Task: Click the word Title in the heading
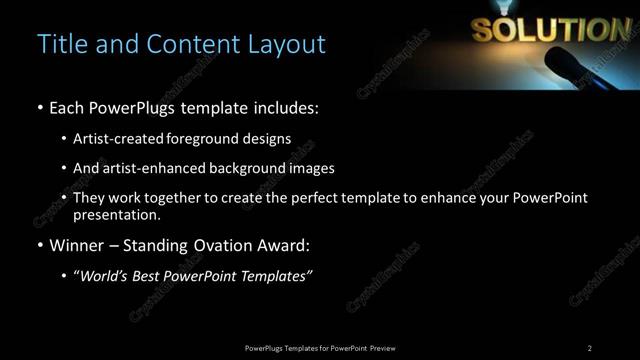(x=59, y=45)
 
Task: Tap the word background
(x=248, y=168)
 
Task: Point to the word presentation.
(x=116, y=214)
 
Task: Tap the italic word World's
(x=103, y=276)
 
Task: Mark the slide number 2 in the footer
(x=589, y=348)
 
